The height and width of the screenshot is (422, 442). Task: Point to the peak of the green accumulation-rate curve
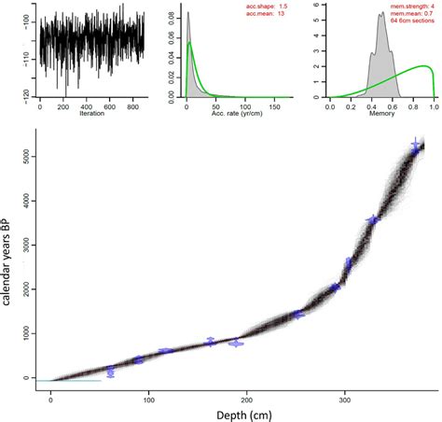click(190, 42)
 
